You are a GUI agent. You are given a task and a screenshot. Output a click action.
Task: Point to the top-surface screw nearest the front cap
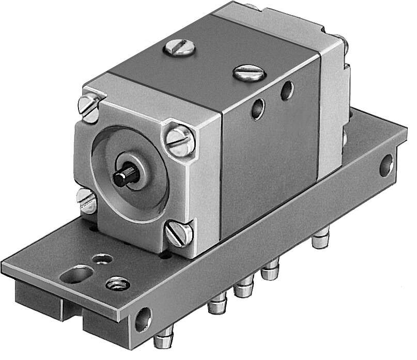(x=178, y=50)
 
